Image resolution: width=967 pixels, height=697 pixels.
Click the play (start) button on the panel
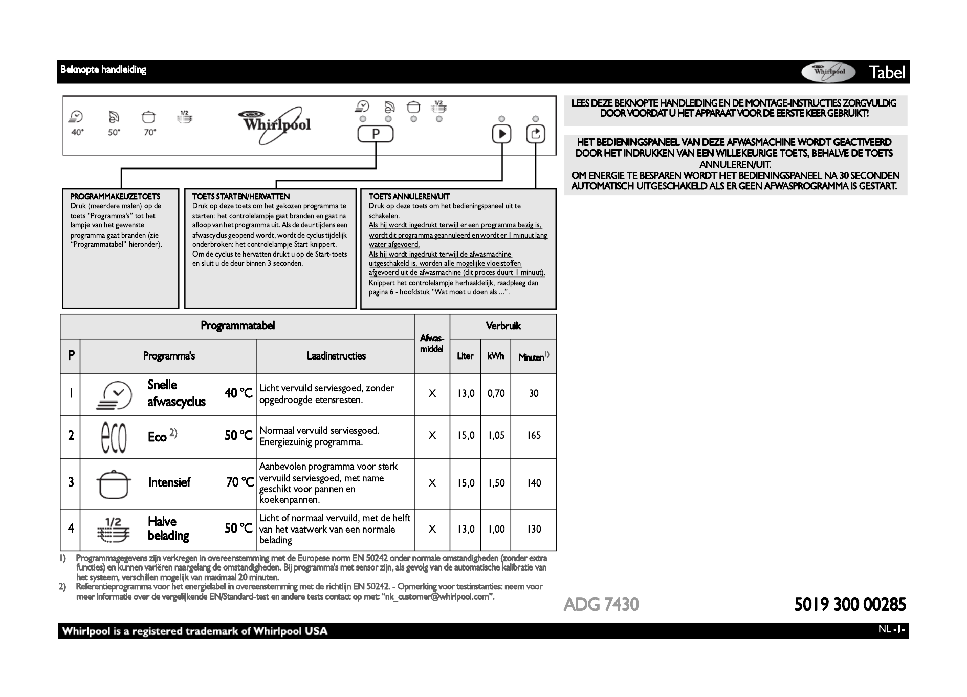(501, 134)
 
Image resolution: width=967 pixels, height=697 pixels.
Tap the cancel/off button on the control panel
(535, 134)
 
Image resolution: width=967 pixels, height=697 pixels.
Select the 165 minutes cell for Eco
(534, 436)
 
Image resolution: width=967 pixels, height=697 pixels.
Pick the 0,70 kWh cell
(496, 393)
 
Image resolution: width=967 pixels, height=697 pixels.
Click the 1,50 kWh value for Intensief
(496, 483)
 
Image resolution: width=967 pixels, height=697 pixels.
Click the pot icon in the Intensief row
(114, 484)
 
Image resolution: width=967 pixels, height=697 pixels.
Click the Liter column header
(465, 356)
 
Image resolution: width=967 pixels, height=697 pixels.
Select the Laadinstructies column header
(336, 356)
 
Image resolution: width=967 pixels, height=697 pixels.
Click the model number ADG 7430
(601, 605)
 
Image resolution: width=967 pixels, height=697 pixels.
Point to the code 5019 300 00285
(850, 605)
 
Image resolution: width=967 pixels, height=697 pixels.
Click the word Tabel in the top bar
(887, 72)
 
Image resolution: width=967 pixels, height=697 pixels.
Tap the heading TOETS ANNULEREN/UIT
(409, 196)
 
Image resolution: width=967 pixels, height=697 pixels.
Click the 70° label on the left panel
(149, 132)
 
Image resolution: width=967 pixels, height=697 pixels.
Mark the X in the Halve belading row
(432, 529)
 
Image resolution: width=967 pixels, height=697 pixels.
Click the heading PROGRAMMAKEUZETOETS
(115, 196)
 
